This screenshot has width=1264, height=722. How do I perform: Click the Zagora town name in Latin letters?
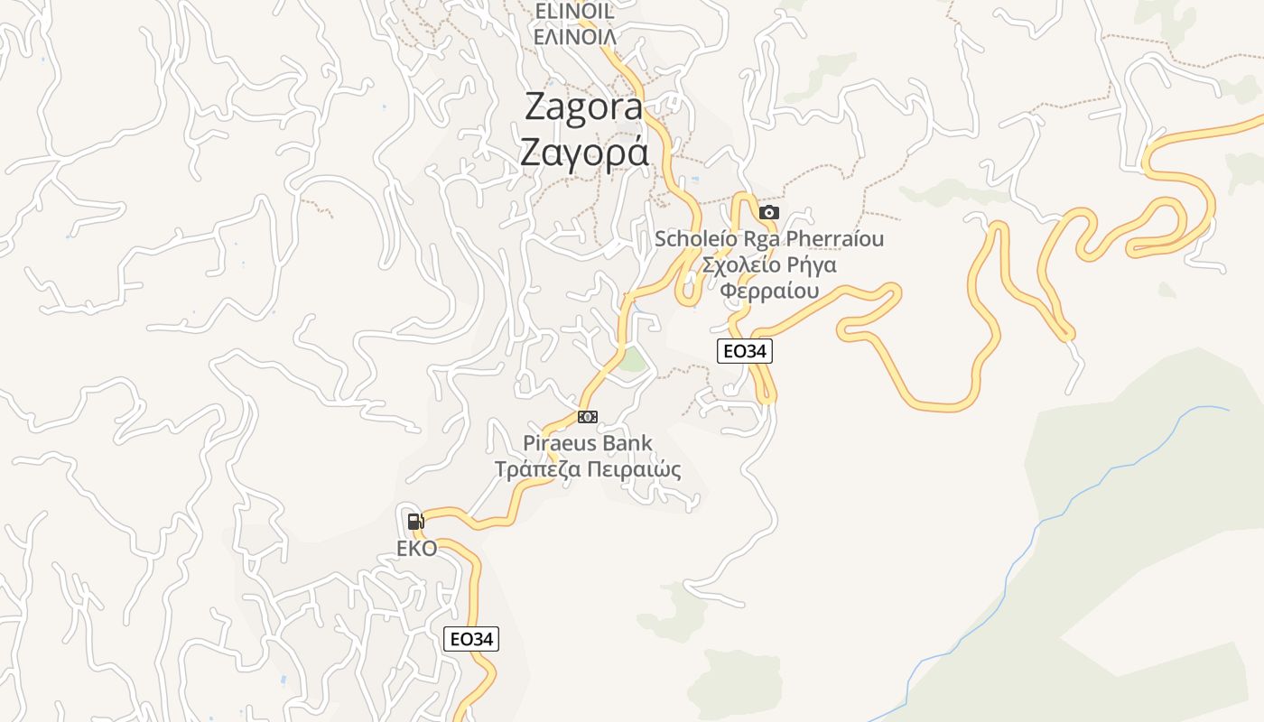click(583, 107)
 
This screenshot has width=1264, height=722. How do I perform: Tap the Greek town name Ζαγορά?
click(583, 152)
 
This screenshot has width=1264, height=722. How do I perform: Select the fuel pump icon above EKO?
click(415, 521)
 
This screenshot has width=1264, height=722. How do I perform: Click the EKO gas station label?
click(416, 549)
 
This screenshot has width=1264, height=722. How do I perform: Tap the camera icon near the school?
click(769, 213)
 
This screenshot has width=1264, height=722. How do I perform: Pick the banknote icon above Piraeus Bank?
click(588, 416)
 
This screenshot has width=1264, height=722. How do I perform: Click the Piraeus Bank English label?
click(588, 444)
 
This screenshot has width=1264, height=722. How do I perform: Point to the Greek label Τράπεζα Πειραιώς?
click(588, 470)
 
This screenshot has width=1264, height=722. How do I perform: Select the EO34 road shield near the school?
click(745, 351)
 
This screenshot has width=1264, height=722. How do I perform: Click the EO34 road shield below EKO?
click(472, 639)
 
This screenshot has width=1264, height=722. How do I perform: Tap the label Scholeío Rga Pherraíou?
click(769, 239)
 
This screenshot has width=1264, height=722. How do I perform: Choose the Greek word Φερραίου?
click(769, 291)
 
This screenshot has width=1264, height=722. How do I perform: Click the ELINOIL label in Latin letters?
click(574, 11)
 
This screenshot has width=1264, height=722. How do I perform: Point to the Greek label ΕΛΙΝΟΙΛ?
click(575, 37)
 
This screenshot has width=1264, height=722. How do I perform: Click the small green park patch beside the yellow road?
click(634, 360)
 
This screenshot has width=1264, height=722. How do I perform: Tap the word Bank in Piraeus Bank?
click(629, 444)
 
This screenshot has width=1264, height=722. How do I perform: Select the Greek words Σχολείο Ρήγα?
click(769, 265)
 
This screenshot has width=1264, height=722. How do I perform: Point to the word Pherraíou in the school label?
click(834, 239)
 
